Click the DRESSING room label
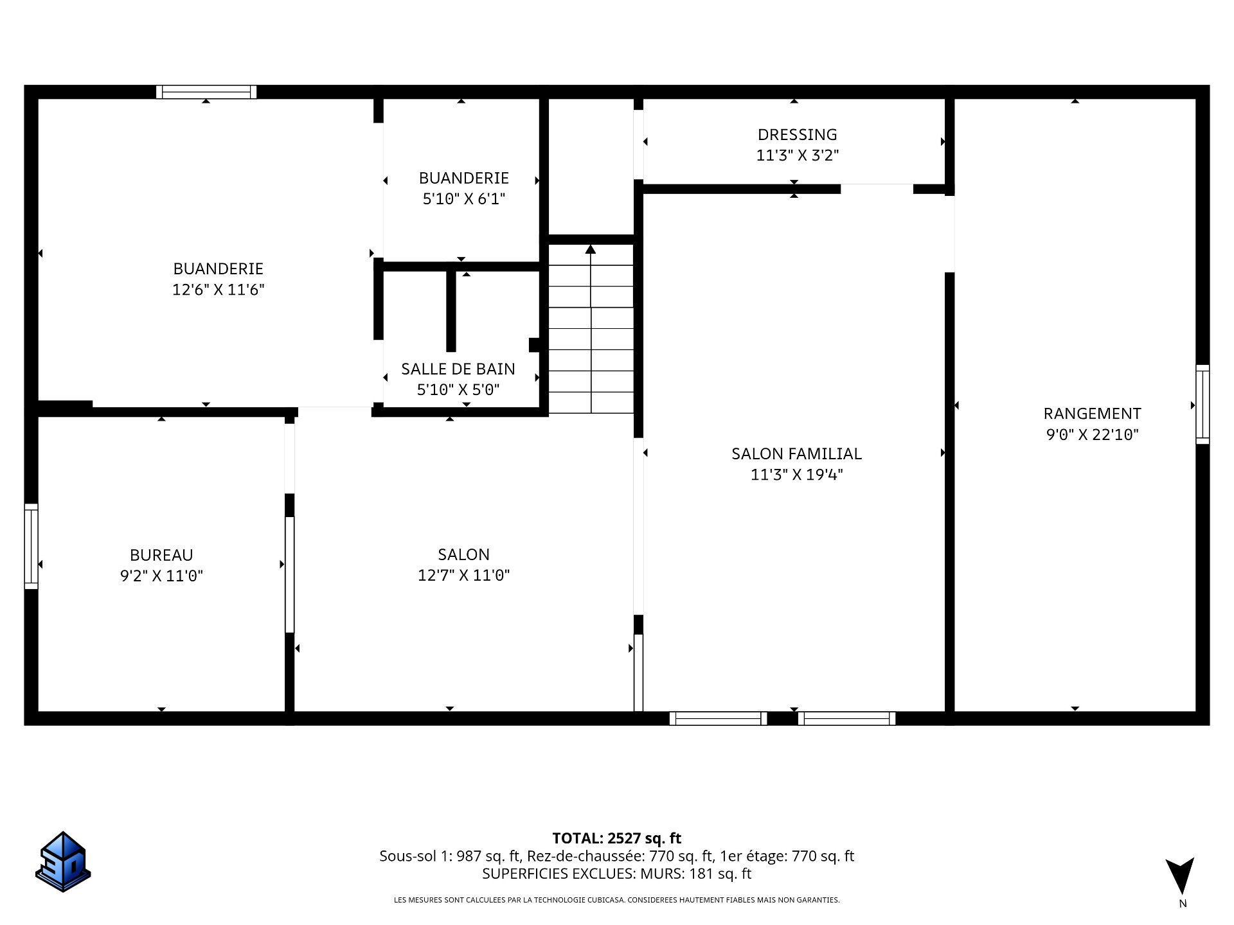(x=797, y=134)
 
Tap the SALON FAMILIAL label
(x=796, y=454)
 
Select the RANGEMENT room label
(x=1092, y=413)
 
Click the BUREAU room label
(x=161, y=555)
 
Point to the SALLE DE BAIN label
(x=458, y=369)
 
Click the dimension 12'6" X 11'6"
(x=218, y=290)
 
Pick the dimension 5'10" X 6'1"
(x=463, y=199)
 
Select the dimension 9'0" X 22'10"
(x=1092, y=435)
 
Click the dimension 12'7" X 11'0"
(x=463, y=576)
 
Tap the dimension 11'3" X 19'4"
(x=796, y=475)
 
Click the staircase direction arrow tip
(x=591, y=248)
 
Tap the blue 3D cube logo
(x=62, y=861)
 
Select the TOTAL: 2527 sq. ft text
(x=616, y=838)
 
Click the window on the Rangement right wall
(x=1202, y=404)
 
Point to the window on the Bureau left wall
(x=31, y=546)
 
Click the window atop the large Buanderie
(x=206, y=92)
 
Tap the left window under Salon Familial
(x=718, y=718)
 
